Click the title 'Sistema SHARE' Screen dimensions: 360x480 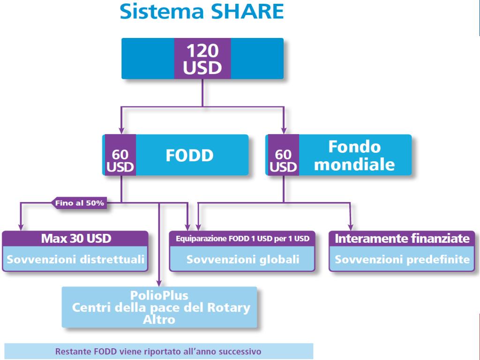pyautogui.click(x=202, y=11)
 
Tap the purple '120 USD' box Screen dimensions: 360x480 pyautogui.click(x=202, y=59)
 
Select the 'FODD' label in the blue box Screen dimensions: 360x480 pyautogui.click(x=189, y=155)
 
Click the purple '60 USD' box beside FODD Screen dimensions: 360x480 pyautogui.click(x=120, y=160)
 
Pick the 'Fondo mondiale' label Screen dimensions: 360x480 pyautogui.click(x=354, y=156)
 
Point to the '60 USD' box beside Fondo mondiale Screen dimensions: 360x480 pyautogui.click(x=283, y=160)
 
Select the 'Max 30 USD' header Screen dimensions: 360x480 pyautogui.click(x=76, y=239)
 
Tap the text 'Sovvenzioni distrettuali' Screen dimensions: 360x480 pyautogui.click(x=76, y=259)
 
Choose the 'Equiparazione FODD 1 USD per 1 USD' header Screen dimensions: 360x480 pyautogui.click(x=242, y=239)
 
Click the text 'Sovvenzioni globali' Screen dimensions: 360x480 pyautogui.click(x=242, y=259)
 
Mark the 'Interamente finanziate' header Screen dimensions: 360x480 pyautogui.click(x=402, y=239)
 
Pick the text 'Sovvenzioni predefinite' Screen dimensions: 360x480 pyautogui.click(x=402, y=259)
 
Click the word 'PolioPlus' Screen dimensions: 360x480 pyautogui.click(x=159, y=296)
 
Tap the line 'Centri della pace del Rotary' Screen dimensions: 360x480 pyautogui.click(x=161, y=308)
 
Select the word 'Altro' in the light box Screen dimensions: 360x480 pyautogui.click(x=159, y=320)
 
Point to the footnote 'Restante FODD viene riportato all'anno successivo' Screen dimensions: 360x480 pyautogui.click(x=158, y=351)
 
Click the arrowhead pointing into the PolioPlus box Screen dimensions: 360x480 pyautogui.click(x=159, y=282)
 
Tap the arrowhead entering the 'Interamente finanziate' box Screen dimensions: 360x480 pyautogui.click(x=350, y=227)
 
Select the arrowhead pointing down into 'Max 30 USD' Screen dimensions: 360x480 pyautogui.click(x=20, y=227)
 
